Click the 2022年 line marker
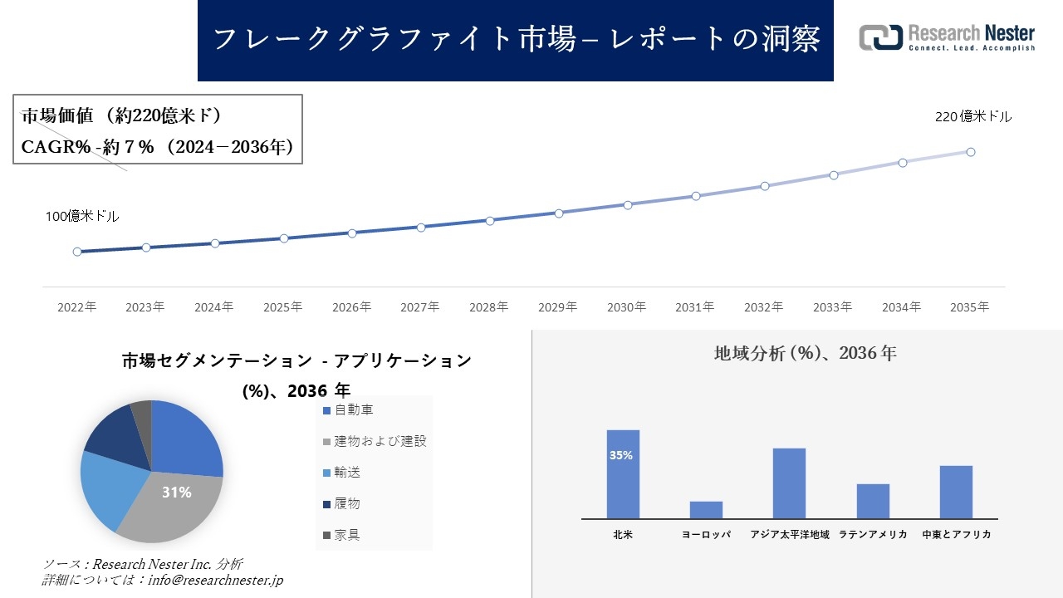77,252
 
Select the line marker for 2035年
970,152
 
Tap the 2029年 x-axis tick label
558,307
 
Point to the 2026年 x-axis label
351,307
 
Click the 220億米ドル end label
973,117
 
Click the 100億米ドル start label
82,216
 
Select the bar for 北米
623,474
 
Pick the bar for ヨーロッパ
706,510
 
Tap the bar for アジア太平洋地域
789,483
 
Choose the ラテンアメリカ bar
873,501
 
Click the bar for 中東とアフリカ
956,492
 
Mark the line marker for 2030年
628,204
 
